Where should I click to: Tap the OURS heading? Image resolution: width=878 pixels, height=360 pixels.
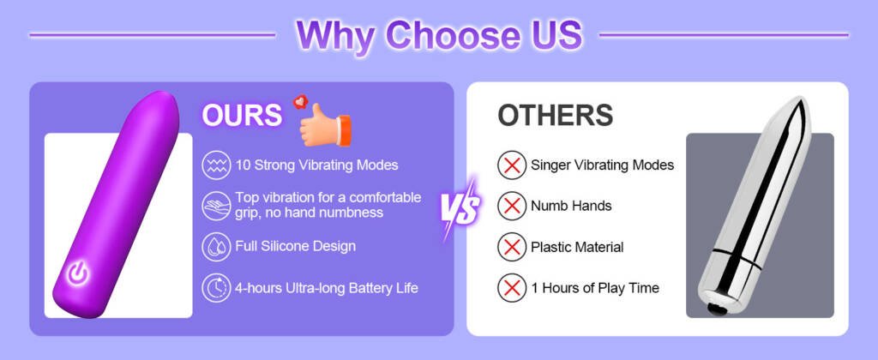242,116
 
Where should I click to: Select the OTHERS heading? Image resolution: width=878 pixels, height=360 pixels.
555,115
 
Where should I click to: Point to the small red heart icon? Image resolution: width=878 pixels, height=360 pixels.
301,101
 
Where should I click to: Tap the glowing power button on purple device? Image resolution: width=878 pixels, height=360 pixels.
78,273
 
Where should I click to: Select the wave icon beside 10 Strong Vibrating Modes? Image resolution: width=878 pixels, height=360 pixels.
216,165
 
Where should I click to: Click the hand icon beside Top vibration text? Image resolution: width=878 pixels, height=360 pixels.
216,206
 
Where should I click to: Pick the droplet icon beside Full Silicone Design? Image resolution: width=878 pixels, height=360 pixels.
216,246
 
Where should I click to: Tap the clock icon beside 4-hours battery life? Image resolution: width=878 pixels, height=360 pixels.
216,288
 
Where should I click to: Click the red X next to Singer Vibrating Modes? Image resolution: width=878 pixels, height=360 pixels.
511,165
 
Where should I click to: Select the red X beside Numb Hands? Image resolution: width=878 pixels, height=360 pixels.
511,206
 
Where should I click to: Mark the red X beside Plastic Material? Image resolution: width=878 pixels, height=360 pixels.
511,247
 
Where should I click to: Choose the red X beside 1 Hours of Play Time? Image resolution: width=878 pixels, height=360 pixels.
511,288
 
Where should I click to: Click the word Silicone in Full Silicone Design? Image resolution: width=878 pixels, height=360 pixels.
285,246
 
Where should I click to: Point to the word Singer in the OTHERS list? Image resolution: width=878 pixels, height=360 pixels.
550,165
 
